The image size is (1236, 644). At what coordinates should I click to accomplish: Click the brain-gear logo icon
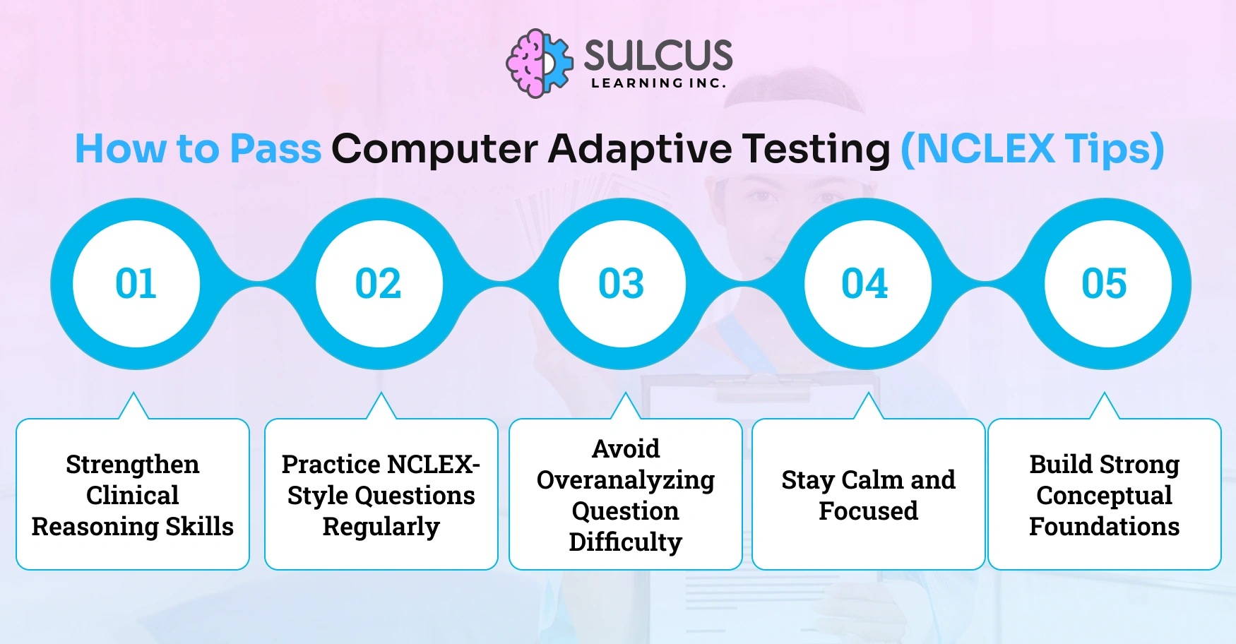[x=540, y=64]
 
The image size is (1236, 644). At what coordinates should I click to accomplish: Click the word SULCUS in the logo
[x=658, y=55]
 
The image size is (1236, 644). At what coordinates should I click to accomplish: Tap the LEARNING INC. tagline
[x=658, y=83]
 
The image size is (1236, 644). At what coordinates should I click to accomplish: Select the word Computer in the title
[x=434, y=149]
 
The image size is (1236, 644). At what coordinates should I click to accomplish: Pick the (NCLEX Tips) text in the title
[x=1032, y=149]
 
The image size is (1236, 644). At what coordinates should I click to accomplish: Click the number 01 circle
[x=136, y=284]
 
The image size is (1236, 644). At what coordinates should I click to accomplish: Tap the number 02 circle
[x=379, y=284]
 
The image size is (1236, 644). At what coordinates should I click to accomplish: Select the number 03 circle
[x=622, y=284]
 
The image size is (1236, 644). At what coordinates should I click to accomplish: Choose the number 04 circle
[x=865, y=284]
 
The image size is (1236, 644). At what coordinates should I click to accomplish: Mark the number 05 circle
[x=1105, y=284]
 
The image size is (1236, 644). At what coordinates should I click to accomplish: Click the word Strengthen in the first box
[x=133, y=465]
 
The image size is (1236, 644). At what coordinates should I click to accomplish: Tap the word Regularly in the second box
[x=381, y=527]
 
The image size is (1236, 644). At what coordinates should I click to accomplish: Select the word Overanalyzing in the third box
[x=626, y=480]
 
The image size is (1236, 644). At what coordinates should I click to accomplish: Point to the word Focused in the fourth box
[x=868, y=511]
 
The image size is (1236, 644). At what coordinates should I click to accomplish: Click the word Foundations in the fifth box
[x=1104, y=527]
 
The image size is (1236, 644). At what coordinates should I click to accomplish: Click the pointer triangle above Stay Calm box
[x=869, y=408]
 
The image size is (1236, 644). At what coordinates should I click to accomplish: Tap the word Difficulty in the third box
[x=626, y=542]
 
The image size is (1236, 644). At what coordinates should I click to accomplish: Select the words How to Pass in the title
[x=198, y=149]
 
